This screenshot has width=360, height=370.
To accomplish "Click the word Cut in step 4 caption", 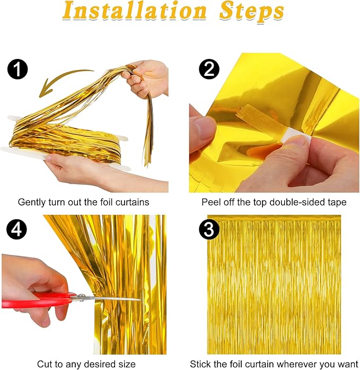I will (x=44, y=364).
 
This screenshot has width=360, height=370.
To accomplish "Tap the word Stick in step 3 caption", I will (x=200, y=364).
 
